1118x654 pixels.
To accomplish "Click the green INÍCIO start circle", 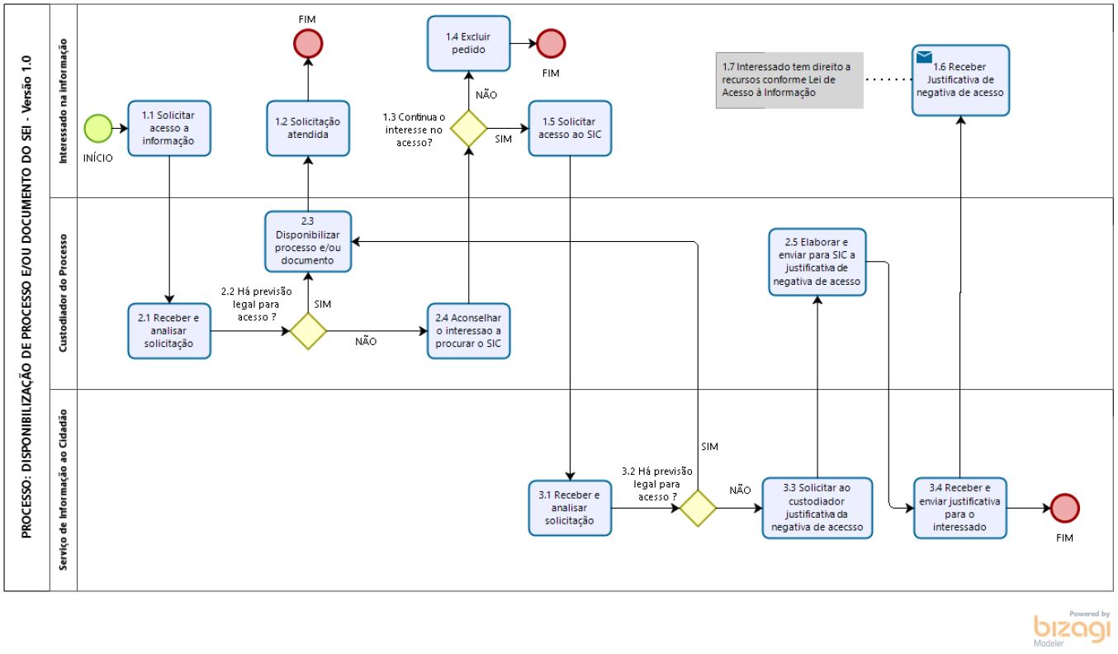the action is click(97, 128).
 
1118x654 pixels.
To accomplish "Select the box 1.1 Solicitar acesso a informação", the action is click(169, 128).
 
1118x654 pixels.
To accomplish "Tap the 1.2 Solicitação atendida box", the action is click(308, 128).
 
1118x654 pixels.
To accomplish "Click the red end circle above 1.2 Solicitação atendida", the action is click(308, 44).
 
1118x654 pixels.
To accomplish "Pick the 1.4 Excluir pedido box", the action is click(469, 44).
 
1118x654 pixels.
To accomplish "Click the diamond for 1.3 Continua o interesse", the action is click(469, 128).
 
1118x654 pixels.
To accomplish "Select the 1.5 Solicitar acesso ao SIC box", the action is click(570, 128).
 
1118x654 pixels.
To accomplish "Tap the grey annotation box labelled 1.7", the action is click(789, 80).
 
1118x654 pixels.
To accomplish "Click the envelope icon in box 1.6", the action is click(924, 57).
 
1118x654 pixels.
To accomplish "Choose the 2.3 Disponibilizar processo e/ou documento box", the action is click(308, 242).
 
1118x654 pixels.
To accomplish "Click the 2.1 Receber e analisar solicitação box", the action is click(169, 331).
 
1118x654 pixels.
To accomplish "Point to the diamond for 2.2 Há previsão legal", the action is click(308, 331).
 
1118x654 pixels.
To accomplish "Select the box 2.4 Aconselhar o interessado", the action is click(469, 331).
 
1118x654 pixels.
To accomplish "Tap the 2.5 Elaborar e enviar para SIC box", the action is click(817, 262).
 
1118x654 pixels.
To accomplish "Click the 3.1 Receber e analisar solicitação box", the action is click(570, 508).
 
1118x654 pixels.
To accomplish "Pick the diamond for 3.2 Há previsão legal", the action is click(698, 508).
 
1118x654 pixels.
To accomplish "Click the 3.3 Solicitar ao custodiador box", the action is click(817, 508).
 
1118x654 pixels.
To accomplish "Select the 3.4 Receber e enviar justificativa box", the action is click(960, 508).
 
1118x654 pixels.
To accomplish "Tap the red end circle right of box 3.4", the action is click(1064, 508).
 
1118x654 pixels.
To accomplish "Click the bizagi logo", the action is click(1072, 629).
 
